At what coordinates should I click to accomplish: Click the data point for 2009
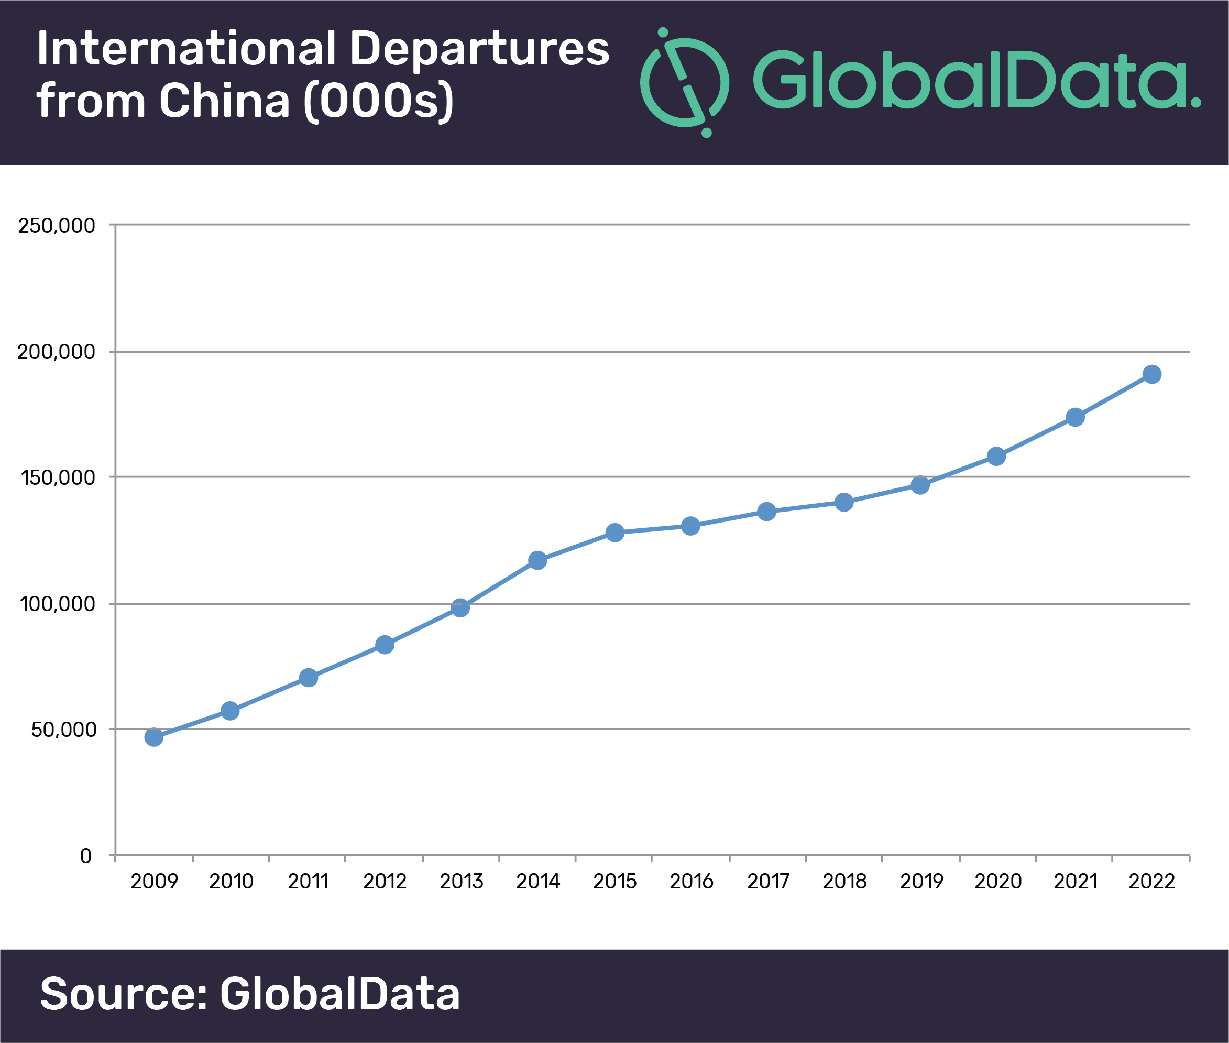tap(153, 737)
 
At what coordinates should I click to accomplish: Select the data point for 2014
tap(537, 560)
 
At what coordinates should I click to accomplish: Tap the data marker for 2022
tap(1151, 374)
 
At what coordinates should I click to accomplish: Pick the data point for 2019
tap(920, 485)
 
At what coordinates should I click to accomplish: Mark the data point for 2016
tap(690, 526)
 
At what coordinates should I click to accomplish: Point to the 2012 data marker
tap(385, 645)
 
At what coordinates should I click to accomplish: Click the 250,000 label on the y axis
tap(56, 225)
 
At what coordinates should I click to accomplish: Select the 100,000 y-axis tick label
tap(57, 604)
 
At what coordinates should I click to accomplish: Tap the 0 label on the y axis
tap(86, 855)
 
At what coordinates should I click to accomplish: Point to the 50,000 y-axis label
tap(63, 730)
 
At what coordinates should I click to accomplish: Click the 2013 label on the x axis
tap(461, 882)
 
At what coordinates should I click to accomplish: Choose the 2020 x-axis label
tap(998, 882)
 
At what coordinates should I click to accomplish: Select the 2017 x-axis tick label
tap(767, 882)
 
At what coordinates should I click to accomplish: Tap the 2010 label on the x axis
tap(231, 882)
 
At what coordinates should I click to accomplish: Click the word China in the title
tap(225, 100)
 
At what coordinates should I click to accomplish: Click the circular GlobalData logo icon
tap(685, 82)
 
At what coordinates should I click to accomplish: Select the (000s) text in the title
tap(379, 101)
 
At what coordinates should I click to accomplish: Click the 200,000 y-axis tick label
tap(56, 352)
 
